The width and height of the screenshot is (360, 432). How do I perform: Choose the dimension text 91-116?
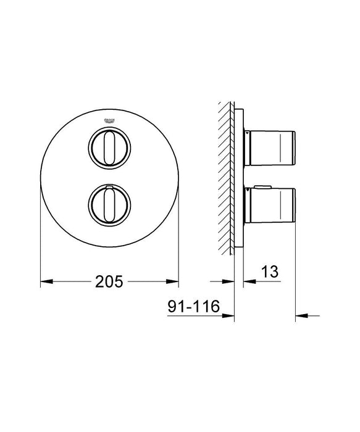191,306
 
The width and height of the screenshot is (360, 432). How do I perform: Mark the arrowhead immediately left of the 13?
248,282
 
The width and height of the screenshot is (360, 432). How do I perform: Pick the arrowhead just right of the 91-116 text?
231,317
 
